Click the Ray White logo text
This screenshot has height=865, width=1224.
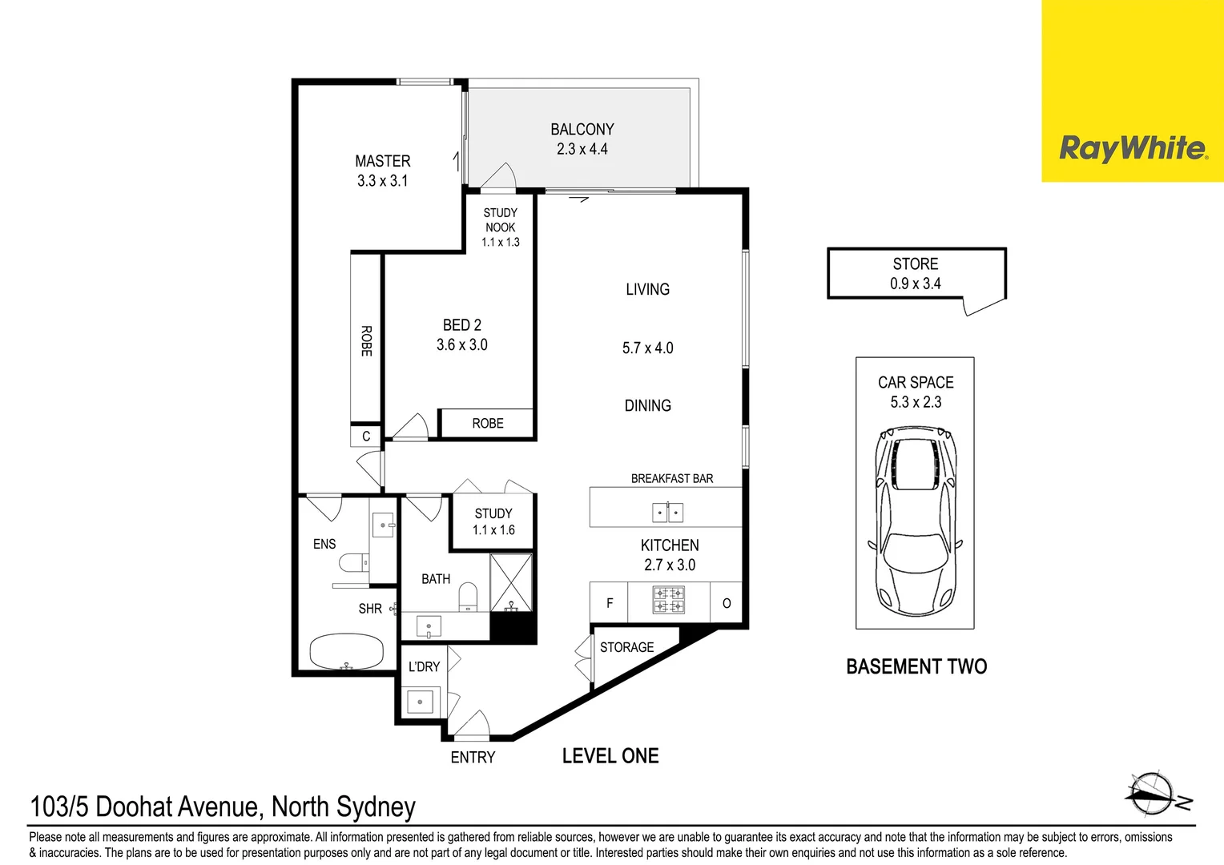[x=1132, y=148]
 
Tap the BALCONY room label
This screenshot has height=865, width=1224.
[x=582, y=129]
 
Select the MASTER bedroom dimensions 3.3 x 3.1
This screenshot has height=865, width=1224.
[x=382, y=181]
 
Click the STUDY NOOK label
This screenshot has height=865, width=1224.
[x=501, y=220]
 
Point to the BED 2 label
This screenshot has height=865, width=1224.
[x=462, y=325]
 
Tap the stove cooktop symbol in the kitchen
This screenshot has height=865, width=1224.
[x=668, y=600]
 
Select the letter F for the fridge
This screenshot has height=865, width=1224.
[x=610, y=603]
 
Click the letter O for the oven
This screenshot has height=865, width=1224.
[x=727, y=603]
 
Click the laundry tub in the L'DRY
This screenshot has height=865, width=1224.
[x=420, y=702]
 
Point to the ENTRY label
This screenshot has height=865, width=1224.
[x=473, y=758]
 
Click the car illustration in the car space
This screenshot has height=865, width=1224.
[x=916, y=521]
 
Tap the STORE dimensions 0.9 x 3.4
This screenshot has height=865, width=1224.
[x=916, y=284]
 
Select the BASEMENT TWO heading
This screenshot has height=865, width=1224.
[x=916, y=666]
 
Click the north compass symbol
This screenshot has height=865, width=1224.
[x=1154, y=794]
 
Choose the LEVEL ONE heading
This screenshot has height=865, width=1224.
[x=610, y=756]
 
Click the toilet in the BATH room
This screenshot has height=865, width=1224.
[x=468, y=597]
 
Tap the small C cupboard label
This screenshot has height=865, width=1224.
[x=366, y=437]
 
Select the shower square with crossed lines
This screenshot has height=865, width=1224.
[x=511, y=582]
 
